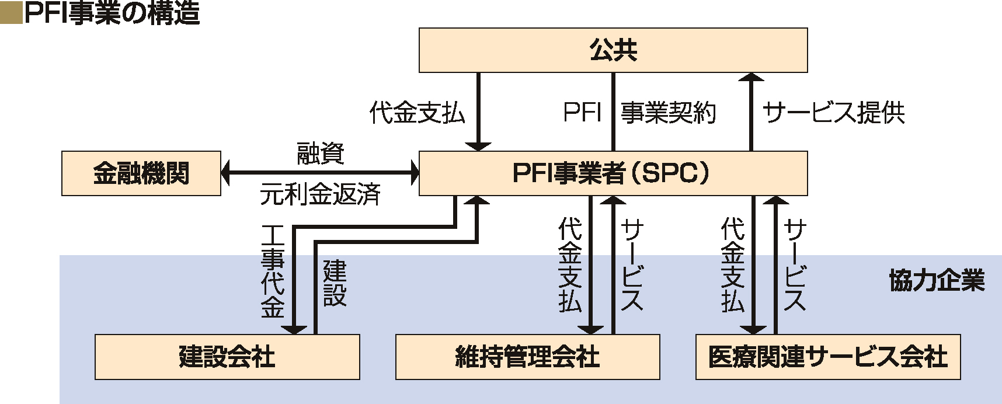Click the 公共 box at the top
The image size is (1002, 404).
pyautogui.click(x=613, y=50)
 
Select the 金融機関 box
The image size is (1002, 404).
pyautogui.click(x=141, y=173)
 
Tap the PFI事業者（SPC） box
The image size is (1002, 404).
pyautogui.click(x=613, y=173)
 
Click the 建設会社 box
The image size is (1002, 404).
pyautogui.click(x=227, y=357)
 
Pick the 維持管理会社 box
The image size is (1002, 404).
pyautogui.click(x=527, y=357)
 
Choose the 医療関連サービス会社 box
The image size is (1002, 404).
pyautogui.click(x=828, y=357)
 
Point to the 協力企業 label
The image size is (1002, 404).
pyautogui.click(x=937, y=281)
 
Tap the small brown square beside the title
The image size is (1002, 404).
pyautogui.click(x=11, y=13)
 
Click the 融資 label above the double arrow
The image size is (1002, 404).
pyautogui.click(x=321, y=153)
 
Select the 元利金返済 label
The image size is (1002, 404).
pyautogui.click(x=321, y=194)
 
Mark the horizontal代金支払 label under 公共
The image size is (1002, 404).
pyautogui.click(x=417, y=113)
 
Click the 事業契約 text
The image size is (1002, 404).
pyautogui.click(x=668, y=113)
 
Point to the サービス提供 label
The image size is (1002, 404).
pyautogui.click(x=834, y=113)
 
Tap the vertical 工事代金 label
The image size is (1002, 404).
pyautogui.click(x=273, y=271)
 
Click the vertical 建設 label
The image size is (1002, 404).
pyautogui.click(x=335, y=284)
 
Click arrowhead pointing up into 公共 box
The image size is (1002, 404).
pyautogui.click(x=751, y=77)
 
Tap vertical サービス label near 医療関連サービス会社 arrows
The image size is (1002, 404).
pyautogui.click(x=795, y=265)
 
